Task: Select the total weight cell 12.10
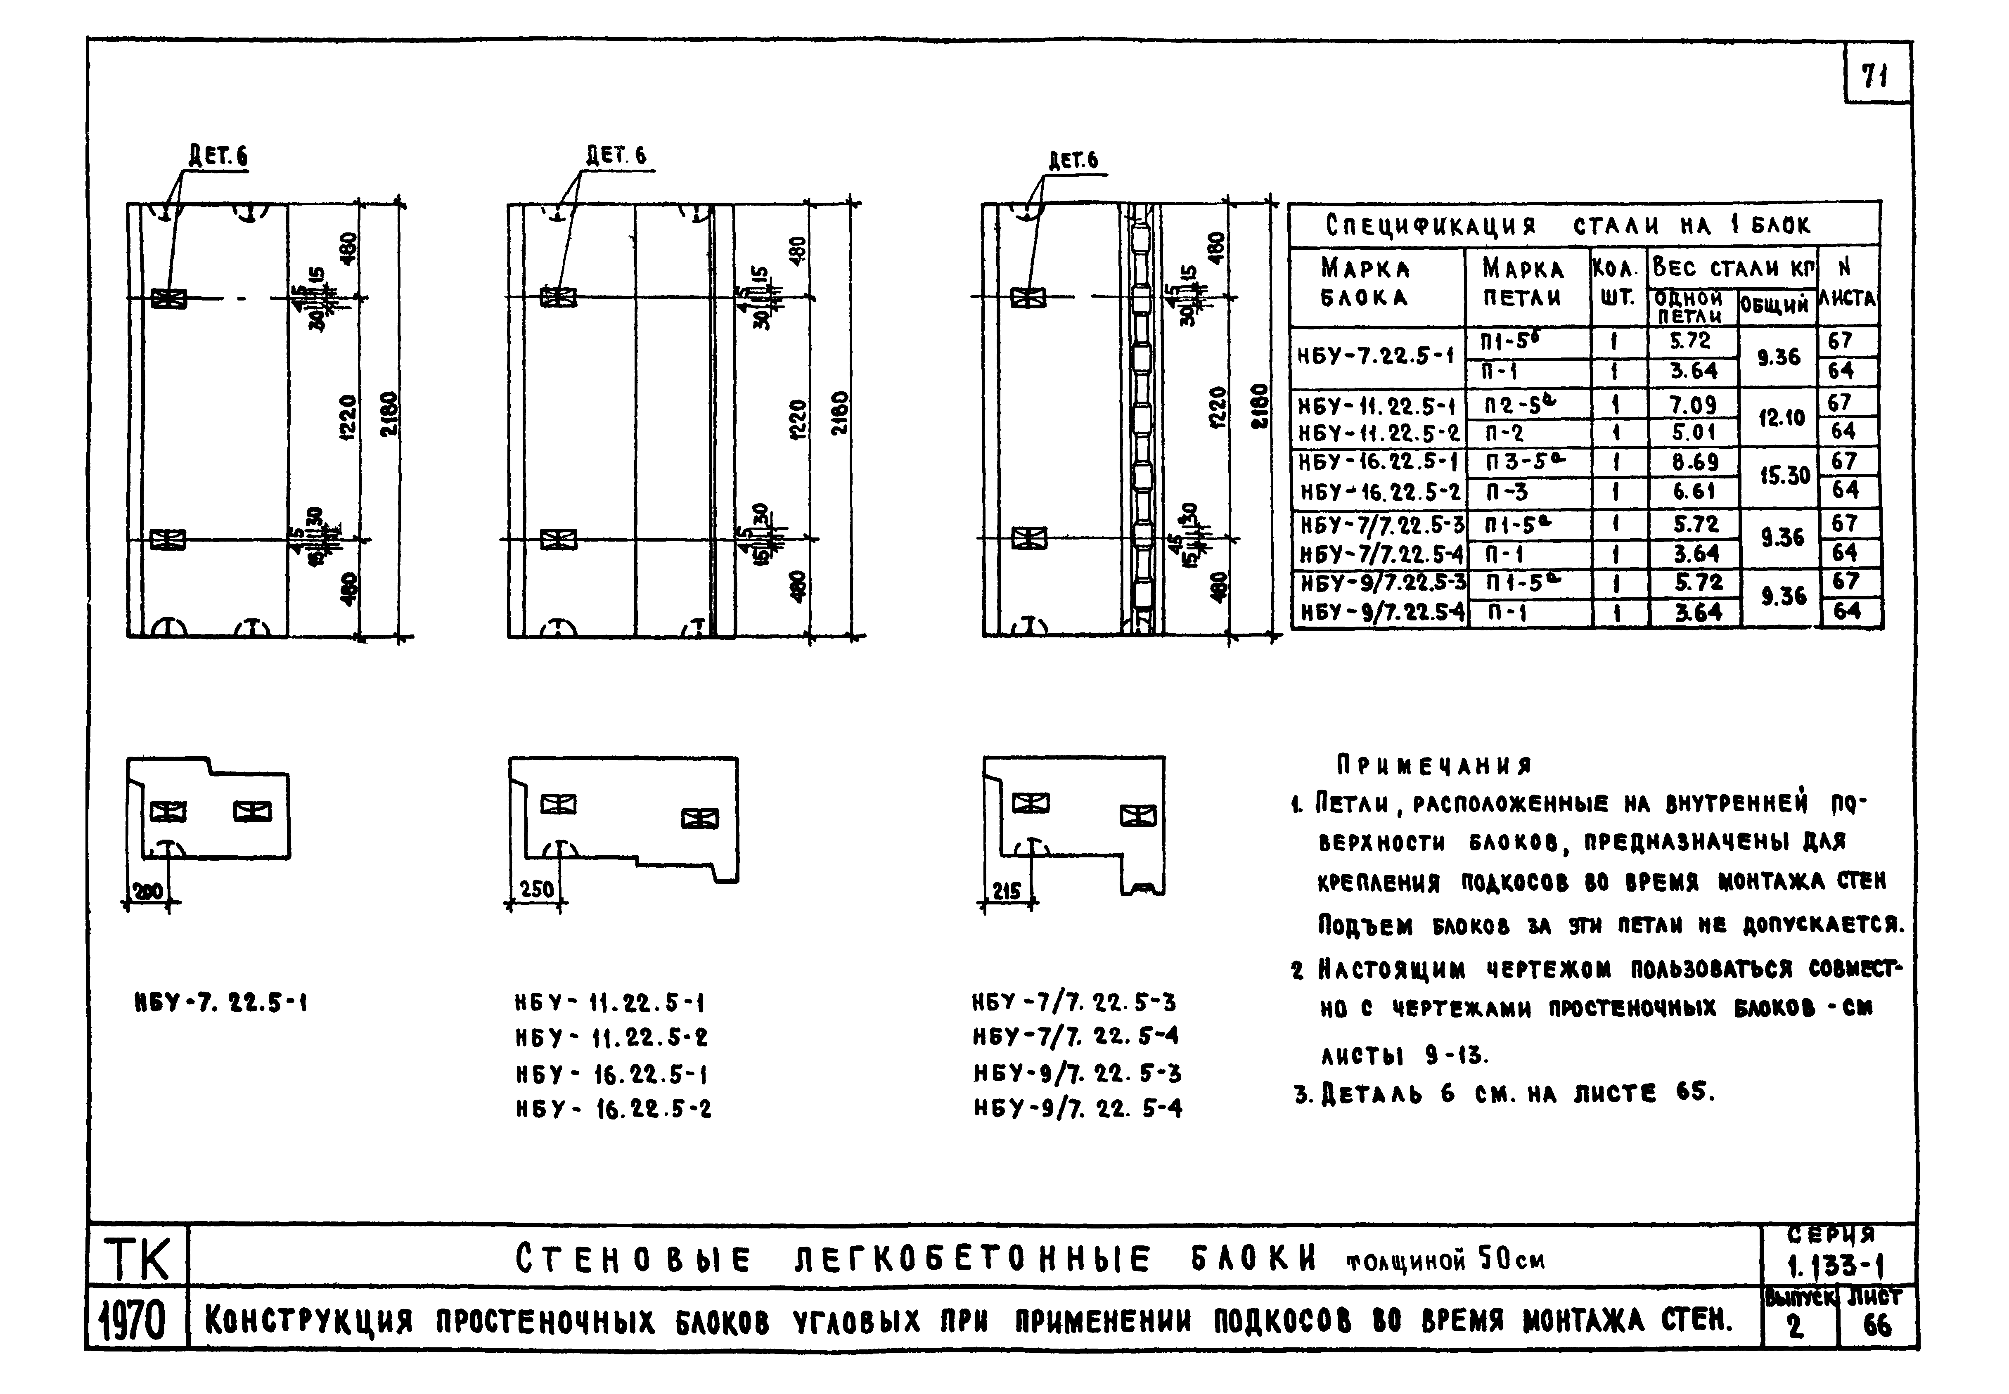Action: (1781, 417)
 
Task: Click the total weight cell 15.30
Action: (1784, 476)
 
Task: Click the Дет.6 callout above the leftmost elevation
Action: (218, 156)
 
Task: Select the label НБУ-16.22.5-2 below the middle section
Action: (613, 1109)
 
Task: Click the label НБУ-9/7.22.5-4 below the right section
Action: (1078, 1108)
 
